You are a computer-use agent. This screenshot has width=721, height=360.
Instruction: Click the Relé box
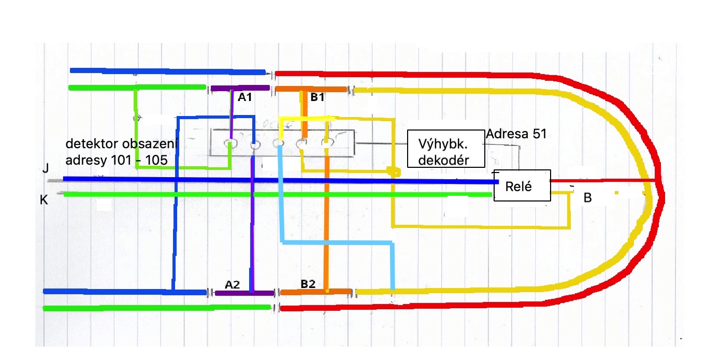pyautogui.click(x=522, y=186)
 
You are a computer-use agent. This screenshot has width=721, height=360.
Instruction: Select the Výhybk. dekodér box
pyautogui.click(x=445, y=149)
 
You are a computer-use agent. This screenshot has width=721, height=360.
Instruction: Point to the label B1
pyautogui.click(x=318, y=97)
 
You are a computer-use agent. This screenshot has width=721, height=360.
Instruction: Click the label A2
pyautogui.click(x=233, y=284)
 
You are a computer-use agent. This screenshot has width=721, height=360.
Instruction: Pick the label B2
pyautogui.click(x=308, y=284)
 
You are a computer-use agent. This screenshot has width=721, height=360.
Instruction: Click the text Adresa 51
pyautogui.click(x=516, y=134)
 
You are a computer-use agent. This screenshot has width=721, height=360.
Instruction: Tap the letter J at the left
pyautogui.click(x=46, y=169)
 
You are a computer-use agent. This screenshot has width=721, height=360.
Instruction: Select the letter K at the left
pyautogui.click(x=44, y=199)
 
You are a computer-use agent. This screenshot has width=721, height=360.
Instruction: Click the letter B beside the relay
pyautogui.click(x=588, y=197)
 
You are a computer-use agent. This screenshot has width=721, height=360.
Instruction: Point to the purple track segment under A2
pyautogui.click(x=243, y=293)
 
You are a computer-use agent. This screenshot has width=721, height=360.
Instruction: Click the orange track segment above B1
pyautogui.click(x=311, y=89)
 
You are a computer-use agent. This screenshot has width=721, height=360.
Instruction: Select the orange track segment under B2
pyautogui.click(x=316, y=292)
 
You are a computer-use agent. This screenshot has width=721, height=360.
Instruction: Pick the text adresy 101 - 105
pyautogui.click(x=117, y=160)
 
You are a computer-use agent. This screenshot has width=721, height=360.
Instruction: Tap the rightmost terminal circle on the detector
pyautogui.click(x=327, y=142)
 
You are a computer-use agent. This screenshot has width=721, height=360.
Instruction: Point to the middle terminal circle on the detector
pyautogui.click(x=279, y=143)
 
